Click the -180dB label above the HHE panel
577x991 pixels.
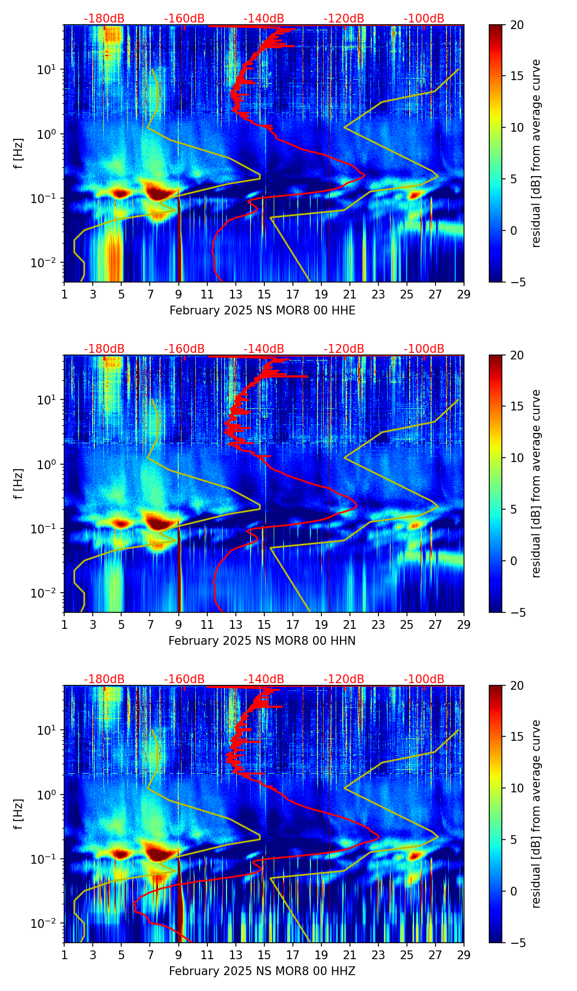[104, 19]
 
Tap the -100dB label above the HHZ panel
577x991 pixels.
[424, 679]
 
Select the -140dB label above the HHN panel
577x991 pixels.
[264, 349]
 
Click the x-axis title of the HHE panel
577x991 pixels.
[262, 311]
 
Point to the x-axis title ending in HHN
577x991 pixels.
[262, 641]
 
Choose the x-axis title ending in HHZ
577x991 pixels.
[262, 971]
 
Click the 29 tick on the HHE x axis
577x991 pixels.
[464, 294]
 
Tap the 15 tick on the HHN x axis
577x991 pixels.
[264, 624]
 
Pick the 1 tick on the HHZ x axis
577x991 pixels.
[65, 955]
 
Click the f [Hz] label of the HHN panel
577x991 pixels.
[19, 483]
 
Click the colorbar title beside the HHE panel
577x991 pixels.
[536, 153]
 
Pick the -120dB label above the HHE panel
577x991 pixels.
[344, 19]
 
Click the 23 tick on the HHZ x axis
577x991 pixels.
[378, 955]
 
